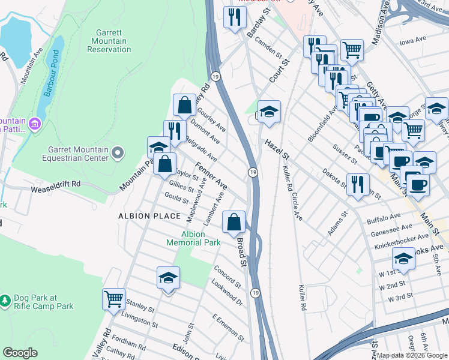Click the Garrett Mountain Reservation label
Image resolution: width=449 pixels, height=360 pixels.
click(109, 41)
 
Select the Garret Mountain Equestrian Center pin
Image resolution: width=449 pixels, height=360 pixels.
click(117, 154)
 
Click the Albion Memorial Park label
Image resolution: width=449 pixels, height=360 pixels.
click(193, 238)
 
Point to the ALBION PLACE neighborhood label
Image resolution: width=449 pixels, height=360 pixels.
click(149, 216)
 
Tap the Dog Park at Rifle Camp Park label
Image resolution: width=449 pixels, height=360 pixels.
click(37, 302)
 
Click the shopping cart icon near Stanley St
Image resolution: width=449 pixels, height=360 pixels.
click(113, 298)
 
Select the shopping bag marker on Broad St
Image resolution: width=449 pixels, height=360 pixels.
click(234, 222)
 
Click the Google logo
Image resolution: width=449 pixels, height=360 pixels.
click(20, 353)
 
